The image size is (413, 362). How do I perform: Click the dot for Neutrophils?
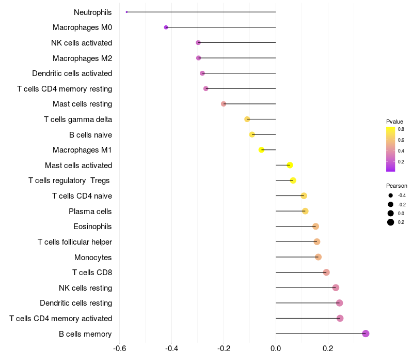click(x=126, y=12)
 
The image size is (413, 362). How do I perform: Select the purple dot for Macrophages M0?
click(x=166, y=27)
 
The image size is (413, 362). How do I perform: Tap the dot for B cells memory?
click(x=366, y=334)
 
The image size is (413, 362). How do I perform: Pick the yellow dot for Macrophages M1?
click(x=261, y=150)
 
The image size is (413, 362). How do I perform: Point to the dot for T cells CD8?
click(x=326, y=273)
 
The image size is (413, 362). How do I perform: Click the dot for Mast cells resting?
click(x=224, y=104)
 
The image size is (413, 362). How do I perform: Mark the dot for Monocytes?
click(x=318, y=257)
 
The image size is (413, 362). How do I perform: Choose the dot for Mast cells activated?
click(x=290, y=165)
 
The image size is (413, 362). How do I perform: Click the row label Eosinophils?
click(x=93, y=227)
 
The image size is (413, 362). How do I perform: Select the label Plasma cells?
click(x=90, y=211)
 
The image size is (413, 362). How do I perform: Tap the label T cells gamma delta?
click(x=78, y=119)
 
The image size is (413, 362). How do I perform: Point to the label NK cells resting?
click(x=86, y=288)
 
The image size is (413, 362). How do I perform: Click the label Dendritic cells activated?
click(x=72, y=73)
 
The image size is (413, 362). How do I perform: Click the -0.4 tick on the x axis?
click(x=171, y=349)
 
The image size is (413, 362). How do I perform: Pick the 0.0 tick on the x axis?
click(x=276, y=349)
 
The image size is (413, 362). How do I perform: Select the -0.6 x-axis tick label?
click(x=119, y=349)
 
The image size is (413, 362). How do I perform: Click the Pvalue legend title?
click(x=394, y=122)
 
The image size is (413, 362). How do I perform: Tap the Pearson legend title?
click(x=396, y=186)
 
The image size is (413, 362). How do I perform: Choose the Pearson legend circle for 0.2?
click(x=391, y=222)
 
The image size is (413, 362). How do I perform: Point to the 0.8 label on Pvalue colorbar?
click(x=401, y=129)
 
